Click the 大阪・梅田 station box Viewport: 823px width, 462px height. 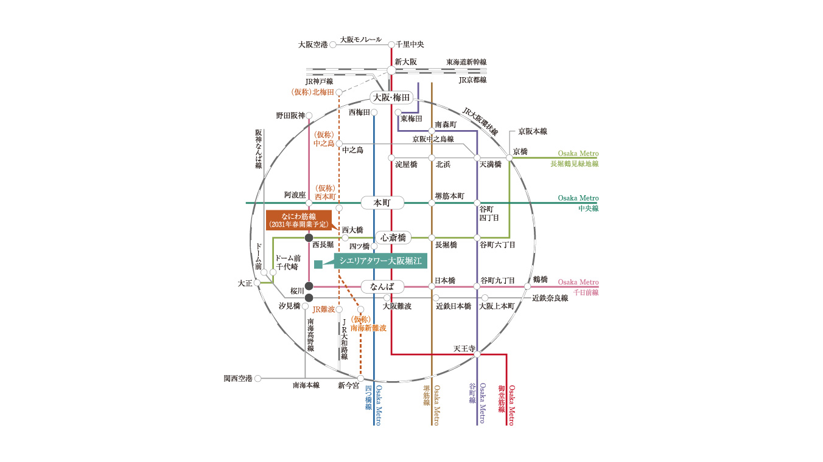[x=391, y=98]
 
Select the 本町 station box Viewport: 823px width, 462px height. [x=382, y=203]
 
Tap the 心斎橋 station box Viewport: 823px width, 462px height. [x=393, y=238]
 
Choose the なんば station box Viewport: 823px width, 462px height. [x=382, y=286]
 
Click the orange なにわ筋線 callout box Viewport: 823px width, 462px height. [x=299, y=220]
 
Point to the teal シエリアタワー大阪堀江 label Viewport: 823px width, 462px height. [x=380, y=261]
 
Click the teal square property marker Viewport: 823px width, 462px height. [x=318, y=264]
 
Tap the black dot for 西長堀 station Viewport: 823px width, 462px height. [x=309, y=238]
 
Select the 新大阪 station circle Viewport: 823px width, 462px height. [x=391, y=71]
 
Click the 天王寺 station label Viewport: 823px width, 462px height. [x=464, y=348]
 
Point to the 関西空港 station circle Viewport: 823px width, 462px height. [x=258, y=378]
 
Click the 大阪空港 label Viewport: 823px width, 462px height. [x=313, y=45]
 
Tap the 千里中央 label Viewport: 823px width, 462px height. [x=410, y=44]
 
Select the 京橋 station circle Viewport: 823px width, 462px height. [x=510, y=158]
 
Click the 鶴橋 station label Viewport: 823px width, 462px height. [x=541, y=280]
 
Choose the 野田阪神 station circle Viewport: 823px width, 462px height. [x=309, y=115]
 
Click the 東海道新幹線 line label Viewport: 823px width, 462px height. [x=466, y=62]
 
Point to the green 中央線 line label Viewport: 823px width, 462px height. [x=589, y=209]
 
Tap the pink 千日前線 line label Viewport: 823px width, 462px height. [x=586, y=292]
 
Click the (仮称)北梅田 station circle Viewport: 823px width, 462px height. [x=339, y=92]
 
